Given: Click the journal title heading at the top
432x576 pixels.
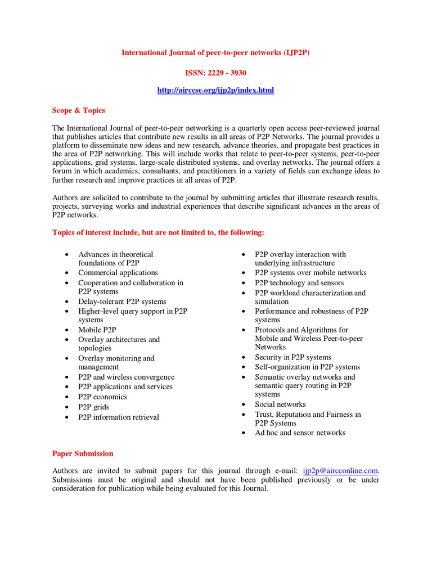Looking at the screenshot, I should [x=216, y=53].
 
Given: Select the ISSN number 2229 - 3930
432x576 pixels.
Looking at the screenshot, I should [x=216, y=73].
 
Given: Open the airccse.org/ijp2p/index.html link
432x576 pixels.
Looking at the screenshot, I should [x=216, y=90].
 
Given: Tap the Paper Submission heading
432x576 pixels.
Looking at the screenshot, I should [x=83, y=453].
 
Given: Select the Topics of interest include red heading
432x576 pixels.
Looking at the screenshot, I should [x=158, y=232].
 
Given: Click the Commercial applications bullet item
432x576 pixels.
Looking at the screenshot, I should [x=118, y=273].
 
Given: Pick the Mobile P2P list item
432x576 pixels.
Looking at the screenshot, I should [x=97, y=330].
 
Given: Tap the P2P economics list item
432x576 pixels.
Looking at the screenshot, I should [x=102, y=397].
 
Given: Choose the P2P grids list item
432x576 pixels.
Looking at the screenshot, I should [x=94, y=407].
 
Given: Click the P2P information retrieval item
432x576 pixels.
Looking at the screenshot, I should [x=119, y=417].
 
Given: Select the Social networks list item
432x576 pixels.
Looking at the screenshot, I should [x=280, y=404].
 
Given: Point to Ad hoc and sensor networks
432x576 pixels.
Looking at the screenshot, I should [x=300, y=433].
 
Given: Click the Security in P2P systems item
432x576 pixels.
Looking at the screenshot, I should [x=293, y=357].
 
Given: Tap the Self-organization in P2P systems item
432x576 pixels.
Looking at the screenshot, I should [x=307, y=367].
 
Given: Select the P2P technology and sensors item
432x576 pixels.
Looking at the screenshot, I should [x=299, y=283].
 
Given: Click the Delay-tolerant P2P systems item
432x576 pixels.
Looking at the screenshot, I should [x=122, y=301].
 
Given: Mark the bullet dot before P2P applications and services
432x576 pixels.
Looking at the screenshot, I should [x=66, y=388].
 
